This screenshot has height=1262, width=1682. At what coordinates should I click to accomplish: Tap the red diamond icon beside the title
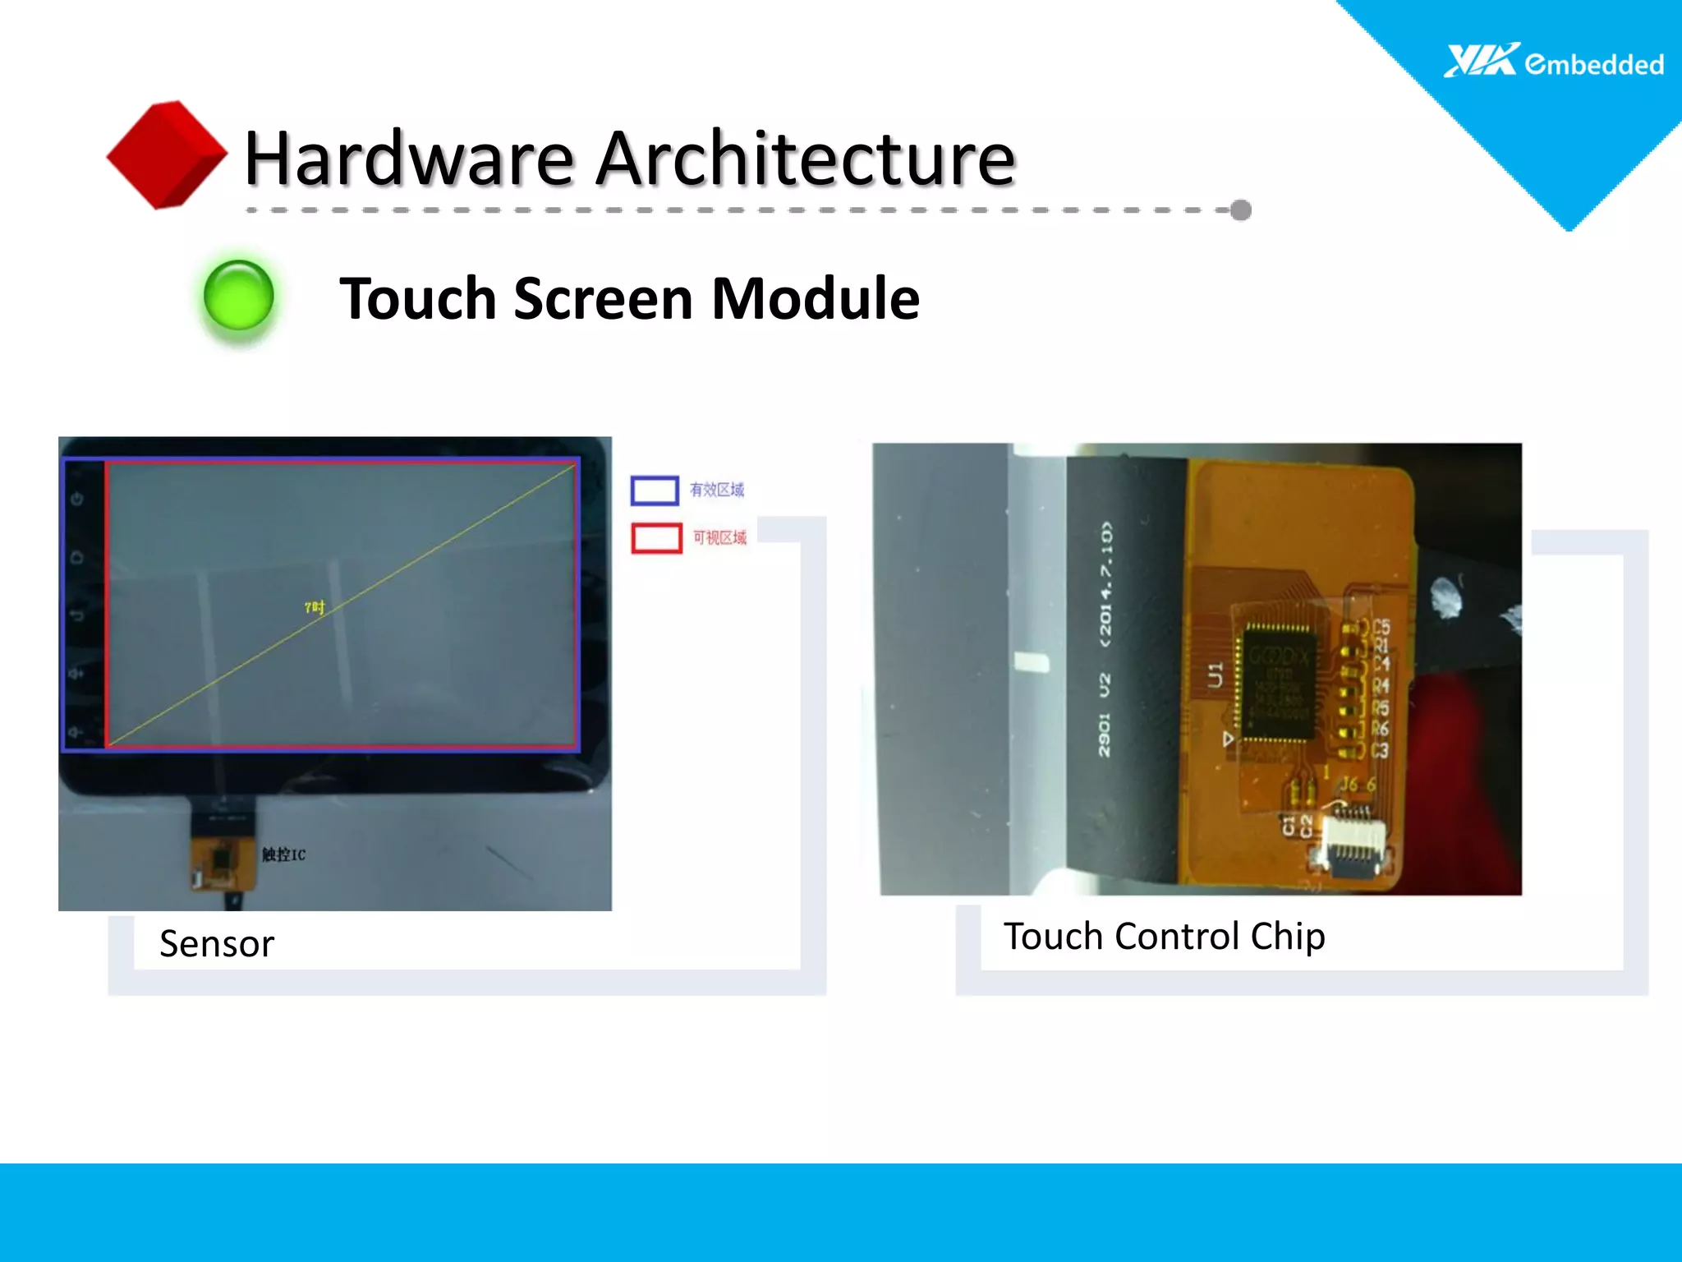[x=167, y=154]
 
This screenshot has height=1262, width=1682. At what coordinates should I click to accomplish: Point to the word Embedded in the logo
[x=1594, y=64]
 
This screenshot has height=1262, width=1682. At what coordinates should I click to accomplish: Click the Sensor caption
[x=217, y=943]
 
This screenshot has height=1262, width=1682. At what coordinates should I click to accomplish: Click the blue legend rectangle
[x=654, y=491]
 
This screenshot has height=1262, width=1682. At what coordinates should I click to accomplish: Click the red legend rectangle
[x=656, y=538]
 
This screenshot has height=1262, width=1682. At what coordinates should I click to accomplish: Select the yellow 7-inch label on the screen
[x=315, y=607]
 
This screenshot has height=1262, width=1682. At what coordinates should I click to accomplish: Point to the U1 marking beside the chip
[x=1215, y=675]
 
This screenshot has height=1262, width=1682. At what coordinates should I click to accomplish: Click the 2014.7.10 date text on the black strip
[x=1105, y=583]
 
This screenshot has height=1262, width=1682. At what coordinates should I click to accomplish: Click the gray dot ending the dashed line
[x=1241, y=210]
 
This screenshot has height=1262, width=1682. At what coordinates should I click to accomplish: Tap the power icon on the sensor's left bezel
[x=77, y=499]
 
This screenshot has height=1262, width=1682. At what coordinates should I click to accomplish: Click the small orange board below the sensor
[x=222, y=859]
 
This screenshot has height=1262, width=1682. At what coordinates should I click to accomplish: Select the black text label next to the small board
[x=283, y=854]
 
